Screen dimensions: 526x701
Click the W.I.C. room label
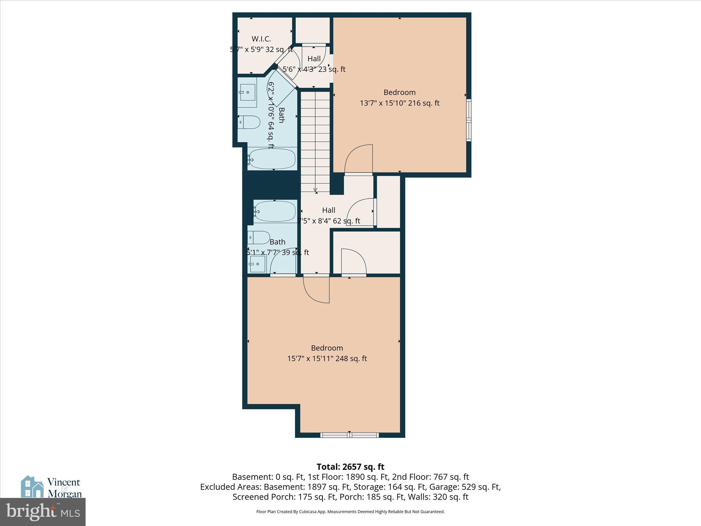261,39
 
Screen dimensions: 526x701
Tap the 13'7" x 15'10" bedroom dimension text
399,103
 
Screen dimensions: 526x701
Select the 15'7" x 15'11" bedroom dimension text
327,359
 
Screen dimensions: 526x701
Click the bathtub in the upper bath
272,159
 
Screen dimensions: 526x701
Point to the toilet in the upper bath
249,122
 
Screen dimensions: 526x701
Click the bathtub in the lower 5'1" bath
275,211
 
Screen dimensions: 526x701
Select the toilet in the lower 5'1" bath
259,237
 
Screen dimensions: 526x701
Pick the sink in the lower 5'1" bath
257,264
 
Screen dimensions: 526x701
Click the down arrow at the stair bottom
315,190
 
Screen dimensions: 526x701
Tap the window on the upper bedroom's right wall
469,120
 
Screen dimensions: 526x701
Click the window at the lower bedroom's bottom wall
349,435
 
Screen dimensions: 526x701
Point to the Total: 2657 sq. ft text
350,467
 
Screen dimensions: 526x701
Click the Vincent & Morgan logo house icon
32,487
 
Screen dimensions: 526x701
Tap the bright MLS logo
43,512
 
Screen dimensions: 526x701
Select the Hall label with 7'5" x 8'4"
329,210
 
